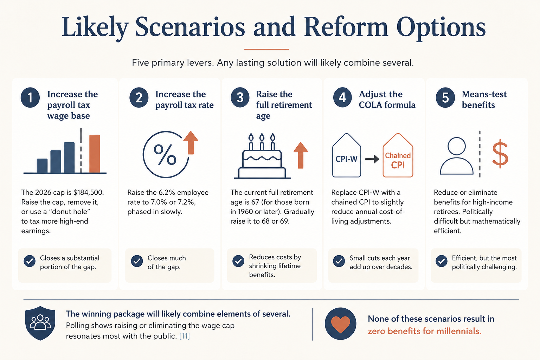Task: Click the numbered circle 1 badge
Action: pyautogui.click(x=30, y=98)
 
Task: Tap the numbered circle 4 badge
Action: pyautogui.click(x=342, y=98)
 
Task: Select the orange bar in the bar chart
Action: pyautogui.click(x=95, y=154)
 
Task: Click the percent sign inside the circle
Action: pyautogui.click(x=165, y=155)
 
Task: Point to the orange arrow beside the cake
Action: pyautogui.click(x=300, y=155)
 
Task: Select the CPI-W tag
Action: pyautogui.click(x=346, y=155)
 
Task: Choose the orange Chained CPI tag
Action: pyautogui.click(x=398, y=155)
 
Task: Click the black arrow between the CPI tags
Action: pyautogui.click(x=372, y=159)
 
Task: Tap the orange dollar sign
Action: pyautogui.click(x=500, y=154)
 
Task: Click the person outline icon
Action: pyautogui.click(x=457, y=156)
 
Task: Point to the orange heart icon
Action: pyautogui.click(x=340, y=324)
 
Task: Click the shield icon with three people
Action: pyautogui.click(x=40, y=323)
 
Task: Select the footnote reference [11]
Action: pyautogui.click(x=185, y=336)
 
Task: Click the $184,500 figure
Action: pyautogui.click(x=88, y=192)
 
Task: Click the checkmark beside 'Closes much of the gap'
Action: pyautogui.click(x=137, y=261)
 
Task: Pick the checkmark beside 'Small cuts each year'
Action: pyautogui.click(x=339, y=261)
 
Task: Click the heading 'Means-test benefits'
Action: pyautogui.click(x=484, y=99)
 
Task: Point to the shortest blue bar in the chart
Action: pyautogui.click(x=42, y=166)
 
